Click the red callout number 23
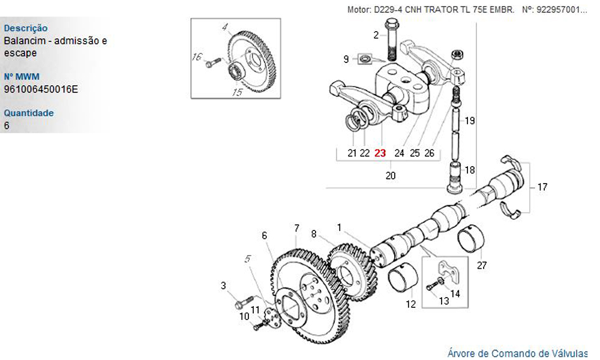point(380,153)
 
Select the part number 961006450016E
point(41,89)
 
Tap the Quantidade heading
point(29,113)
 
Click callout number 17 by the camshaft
point(542,187)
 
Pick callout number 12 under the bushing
point(410,304)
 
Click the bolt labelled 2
point(391,43)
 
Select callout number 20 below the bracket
point(391,176)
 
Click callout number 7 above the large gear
point(296,228)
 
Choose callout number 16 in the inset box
point(197,58)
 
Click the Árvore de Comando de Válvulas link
point(517,353)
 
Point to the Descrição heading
point(26,28)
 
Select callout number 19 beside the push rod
point(470,121)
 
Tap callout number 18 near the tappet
point(470,170)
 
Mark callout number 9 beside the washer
point(346,59)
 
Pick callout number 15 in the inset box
point(237,92)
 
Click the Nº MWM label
point(22,77)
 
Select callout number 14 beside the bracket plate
point(455,294)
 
